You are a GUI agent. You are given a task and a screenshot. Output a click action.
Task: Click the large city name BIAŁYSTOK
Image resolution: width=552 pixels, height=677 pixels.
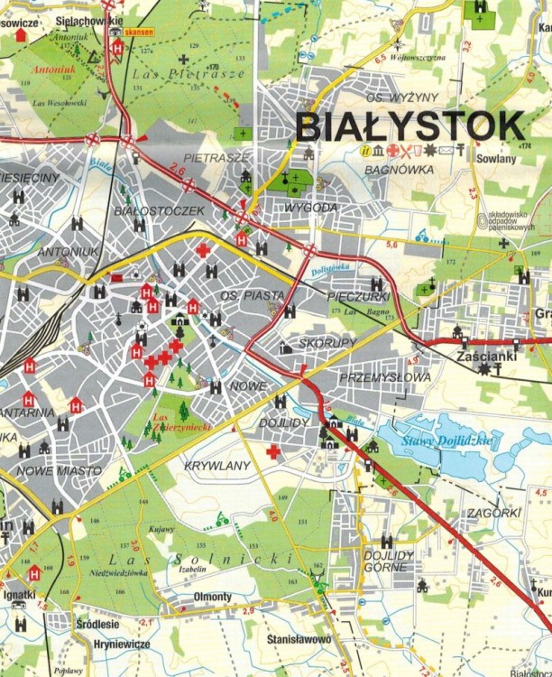409,125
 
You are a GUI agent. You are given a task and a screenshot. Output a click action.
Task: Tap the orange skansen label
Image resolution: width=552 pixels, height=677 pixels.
138,32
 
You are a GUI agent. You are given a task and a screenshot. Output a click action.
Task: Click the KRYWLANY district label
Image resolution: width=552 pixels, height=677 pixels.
216,465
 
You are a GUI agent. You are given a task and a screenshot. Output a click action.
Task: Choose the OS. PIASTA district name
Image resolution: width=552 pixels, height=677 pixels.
253,295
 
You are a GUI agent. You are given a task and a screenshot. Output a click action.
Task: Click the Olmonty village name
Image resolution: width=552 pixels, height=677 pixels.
213,597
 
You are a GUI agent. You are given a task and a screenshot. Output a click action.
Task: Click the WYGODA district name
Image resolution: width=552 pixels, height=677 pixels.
310,208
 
